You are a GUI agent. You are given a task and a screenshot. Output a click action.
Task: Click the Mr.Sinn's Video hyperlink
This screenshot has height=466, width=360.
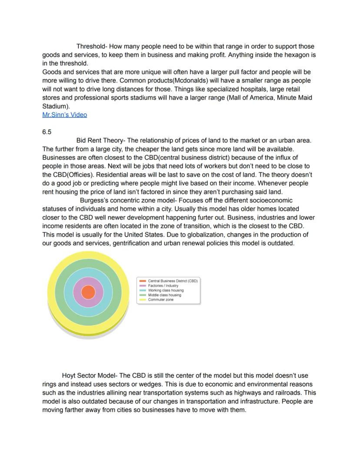[x=64, y=115]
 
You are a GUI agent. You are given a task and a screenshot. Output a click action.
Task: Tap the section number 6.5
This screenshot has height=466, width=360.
[x=47, y=132]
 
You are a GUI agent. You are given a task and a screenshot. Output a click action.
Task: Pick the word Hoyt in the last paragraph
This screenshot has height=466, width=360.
[x=70, y=375]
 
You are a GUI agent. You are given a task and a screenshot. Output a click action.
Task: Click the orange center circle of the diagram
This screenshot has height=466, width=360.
[x=88, y=292]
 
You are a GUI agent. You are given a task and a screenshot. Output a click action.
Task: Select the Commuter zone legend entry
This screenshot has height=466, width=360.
[x=160, y=300]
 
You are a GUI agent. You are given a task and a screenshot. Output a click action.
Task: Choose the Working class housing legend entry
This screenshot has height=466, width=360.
[x=166, y=290]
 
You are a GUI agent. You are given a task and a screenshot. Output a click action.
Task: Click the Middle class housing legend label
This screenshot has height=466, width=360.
[x=164, y=295]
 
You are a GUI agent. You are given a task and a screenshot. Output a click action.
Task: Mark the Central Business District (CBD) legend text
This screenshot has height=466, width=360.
[x=173, y=281]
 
